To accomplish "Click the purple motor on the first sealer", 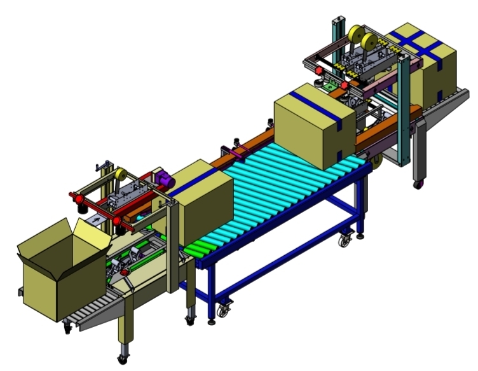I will tap(165, 179).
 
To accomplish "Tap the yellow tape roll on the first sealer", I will tap(119, 174).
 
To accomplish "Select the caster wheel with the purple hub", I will tap(418, 185).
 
